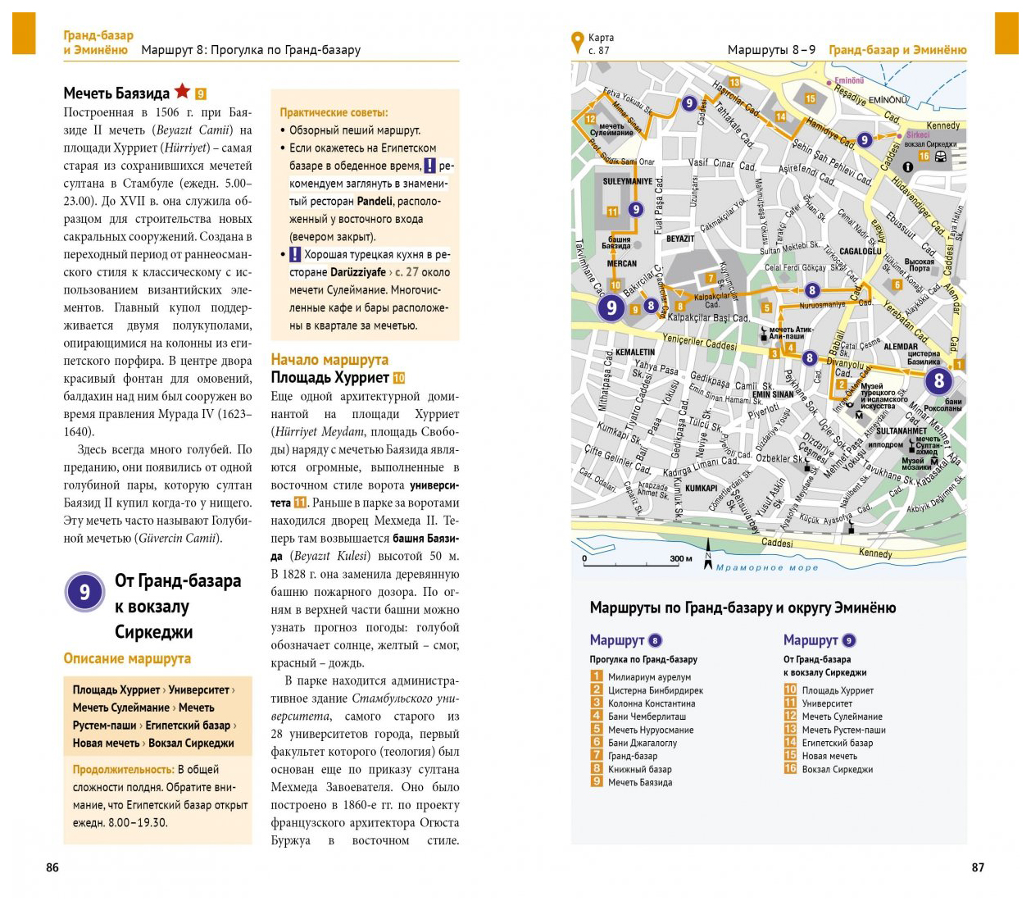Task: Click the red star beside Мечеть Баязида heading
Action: [x=182, y=91]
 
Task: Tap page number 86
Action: [x=52, y=867]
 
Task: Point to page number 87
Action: [x=978, y=867]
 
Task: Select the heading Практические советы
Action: [x=334, y=112]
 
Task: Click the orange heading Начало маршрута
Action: [x=329, y=359]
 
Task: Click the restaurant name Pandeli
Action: [x=375, y=201]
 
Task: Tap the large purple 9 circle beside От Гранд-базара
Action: [x=84, y=592]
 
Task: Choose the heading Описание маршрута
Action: [x=127, y=658]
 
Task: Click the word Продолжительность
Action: [x=123, y=769]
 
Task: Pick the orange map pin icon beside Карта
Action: [x=577, y=42]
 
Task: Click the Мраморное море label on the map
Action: [x=767, y=567]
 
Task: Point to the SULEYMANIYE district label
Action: [x=628, y=181]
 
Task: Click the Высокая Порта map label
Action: [x=919, y=265]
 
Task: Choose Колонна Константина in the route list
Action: [x=652, y=703]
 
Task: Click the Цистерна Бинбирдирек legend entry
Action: [x=656, y=690]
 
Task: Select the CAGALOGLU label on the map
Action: [x=860, y=251]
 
